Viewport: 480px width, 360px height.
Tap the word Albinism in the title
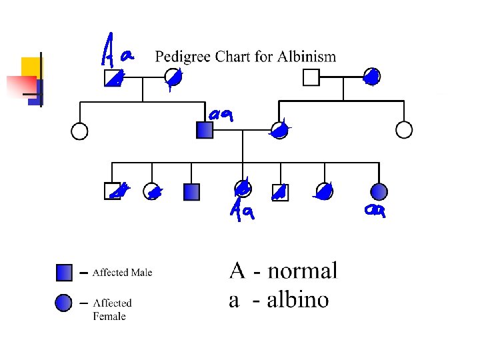coord(307,57)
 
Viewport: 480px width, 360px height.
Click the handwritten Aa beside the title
coord(117,50)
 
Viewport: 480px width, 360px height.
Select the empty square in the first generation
coord(311,78)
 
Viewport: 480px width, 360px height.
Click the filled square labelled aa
coord(205,130)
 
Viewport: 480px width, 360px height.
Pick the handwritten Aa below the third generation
coord(243,211)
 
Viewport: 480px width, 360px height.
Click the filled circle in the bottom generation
coord(379,192)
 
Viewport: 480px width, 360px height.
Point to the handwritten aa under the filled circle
coord(375,210)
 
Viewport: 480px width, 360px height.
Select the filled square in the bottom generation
coord(191,192)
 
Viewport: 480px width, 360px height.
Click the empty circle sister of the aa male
coord(79,131)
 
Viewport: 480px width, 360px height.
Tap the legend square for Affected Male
coord(65,273)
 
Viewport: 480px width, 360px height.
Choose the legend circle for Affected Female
coord(64,304)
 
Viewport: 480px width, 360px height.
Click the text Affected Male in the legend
coord(122,272)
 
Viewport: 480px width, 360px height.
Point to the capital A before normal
coord(237,271)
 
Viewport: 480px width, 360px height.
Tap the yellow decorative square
coord(31,67)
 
